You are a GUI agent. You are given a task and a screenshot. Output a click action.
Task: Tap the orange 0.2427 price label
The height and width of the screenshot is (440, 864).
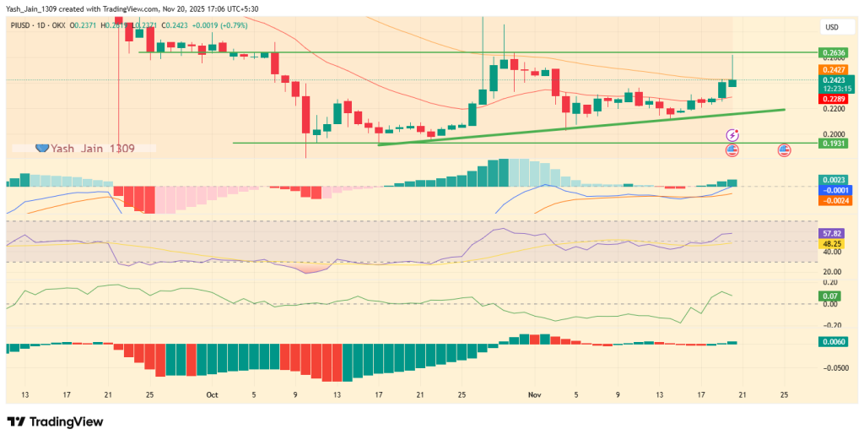[833, 69]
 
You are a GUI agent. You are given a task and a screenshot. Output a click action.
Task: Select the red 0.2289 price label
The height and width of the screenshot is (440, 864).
[833, 99]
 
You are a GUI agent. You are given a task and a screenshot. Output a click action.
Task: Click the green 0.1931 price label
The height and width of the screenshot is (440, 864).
[833, 144]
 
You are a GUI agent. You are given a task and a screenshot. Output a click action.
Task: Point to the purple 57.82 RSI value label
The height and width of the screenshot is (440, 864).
[831, 231]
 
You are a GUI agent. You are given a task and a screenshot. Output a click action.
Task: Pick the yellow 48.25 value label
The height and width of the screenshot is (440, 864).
[831, 242]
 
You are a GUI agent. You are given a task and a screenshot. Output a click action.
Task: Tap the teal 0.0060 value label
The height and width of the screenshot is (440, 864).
[833, 341]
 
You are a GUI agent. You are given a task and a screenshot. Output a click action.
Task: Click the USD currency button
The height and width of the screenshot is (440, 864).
[831, 28]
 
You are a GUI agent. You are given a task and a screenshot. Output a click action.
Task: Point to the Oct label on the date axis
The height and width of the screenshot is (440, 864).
[212, 394]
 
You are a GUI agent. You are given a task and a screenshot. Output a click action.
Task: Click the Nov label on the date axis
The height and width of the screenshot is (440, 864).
[533, 394]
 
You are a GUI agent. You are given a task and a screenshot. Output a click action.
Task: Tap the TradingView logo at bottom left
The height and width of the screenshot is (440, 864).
[55, 421]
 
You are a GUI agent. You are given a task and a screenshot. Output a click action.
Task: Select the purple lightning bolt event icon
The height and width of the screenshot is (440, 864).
[732, 135]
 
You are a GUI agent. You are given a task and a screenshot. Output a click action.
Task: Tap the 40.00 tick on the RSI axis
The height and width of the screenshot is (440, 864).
[831, 252]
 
